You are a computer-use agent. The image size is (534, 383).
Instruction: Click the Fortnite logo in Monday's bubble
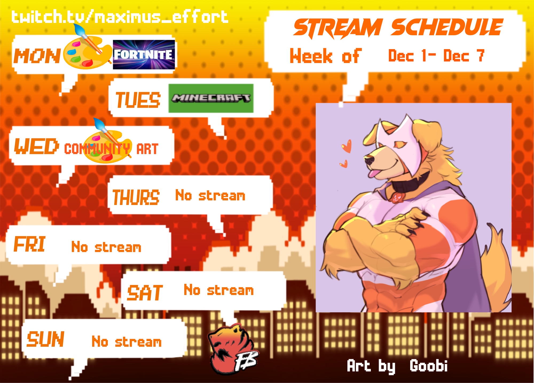click(x=144, y=54)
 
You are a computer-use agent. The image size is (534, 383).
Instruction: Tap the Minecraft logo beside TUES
click(x=211, y=98)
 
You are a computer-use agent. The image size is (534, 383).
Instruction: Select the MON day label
click(x=37, y=56)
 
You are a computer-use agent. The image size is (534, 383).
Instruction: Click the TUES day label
click(x=138, y=100)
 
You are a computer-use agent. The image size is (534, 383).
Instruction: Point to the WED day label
click(x=36, y=146)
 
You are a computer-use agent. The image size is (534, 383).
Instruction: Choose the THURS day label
click(x=136, y=197)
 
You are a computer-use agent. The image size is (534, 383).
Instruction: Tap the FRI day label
click(x=29, y=244)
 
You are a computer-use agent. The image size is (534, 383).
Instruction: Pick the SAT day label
click(x=145, y=293)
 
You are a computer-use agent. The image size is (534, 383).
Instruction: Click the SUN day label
click(x=45, y=339)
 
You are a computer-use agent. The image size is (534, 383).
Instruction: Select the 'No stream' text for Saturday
click(x=219, y=290)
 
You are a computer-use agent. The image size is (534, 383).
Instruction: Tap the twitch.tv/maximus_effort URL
click(x=120, y=17)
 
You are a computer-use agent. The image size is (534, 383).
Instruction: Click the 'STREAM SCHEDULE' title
click(x=398, y=28)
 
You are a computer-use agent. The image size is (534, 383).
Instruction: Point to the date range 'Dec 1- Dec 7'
click(x=436, y=56)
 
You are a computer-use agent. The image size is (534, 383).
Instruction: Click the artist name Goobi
click(x=429, y=366)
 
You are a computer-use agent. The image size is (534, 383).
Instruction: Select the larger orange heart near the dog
click(x=347, y=146)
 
